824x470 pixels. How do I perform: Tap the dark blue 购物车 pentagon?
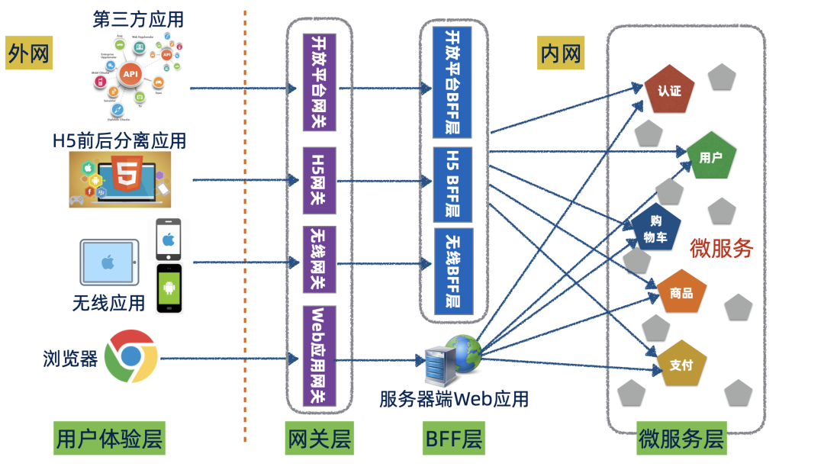[655, 228]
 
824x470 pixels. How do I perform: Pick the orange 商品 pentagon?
[681, 292]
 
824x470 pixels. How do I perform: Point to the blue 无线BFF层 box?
[453, 271]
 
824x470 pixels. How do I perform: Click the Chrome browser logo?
[130, 356]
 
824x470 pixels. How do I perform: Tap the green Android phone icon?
[170, 288]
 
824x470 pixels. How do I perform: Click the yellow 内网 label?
[560, 53]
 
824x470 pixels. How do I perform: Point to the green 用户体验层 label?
[110, 439]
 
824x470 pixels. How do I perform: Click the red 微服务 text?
[721, 249]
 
